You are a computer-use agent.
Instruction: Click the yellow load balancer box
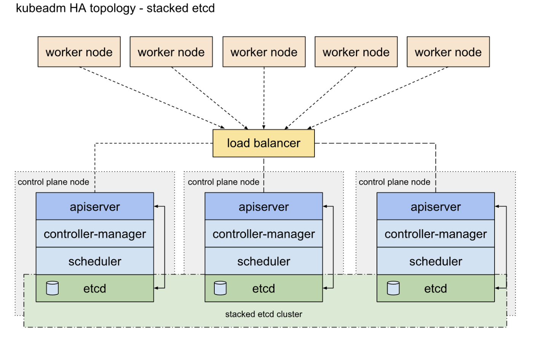click(263, 143)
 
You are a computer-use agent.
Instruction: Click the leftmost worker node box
click(79, 52)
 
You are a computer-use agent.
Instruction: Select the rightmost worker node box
click(448, 52)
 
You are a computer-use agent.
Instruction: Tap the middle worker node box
click(264, 52)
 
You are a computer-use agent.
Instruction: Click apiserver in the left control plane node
click(95, 206)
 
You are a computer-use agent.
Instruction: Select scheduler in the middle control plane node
click(263, 261)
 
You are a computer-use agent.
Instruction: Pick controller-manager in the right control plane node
click(436, 234)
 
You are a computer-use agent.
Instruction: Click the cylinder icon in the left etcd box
click(53, 288)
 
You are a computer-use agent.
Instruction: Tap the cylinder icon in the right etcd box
click(393, 288)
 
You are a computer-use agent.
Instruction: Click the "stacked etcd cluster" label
click(263, 314)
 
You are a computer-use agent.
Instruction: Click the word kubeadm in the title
click(41, 8)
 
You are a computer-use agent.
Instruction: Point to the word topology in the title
click(113, 8)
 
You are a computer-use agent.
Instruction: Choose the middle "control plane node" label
click(223, 182)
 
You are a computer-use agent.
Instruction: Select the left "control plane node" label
click(53, 182)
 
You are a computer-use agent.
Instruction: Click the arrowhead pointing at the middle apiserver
click(325, 206)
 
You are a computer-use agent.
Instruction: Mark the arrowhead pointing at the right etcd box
click(497, 288)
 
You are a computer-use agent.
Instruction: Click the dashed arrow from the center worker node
click(264, 98)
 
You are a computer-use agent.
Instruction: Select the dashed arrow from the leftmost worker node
click(152, 98)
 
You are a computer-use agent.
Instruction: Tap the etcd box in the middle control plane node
click(263, 288)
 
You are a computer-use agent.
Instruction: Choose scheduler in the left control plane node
click(95, 261)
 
